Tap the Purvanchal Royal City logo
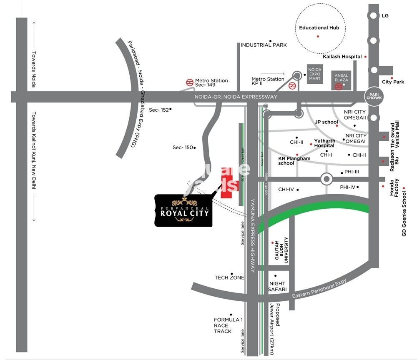pos(183,210)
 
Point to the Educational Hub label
pos(319,28)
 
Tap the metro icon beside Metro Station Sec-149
pos(189,82)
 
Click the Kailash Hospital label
pos(342,57)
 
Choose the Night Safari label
pos(278,286)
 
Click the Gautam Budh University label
pos(281,251)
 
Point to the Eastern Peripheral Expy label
pos(319,289)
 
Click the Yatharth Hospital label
pos(324,143)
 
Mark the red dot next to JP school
pos(337,125)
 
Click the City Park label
pos(393,82)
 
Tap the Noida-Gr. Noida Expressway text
pos(236,97)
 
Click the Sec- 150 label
pos(183,147)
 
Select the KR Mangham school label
pos(294,161)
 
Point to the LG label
pos(385,16)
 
